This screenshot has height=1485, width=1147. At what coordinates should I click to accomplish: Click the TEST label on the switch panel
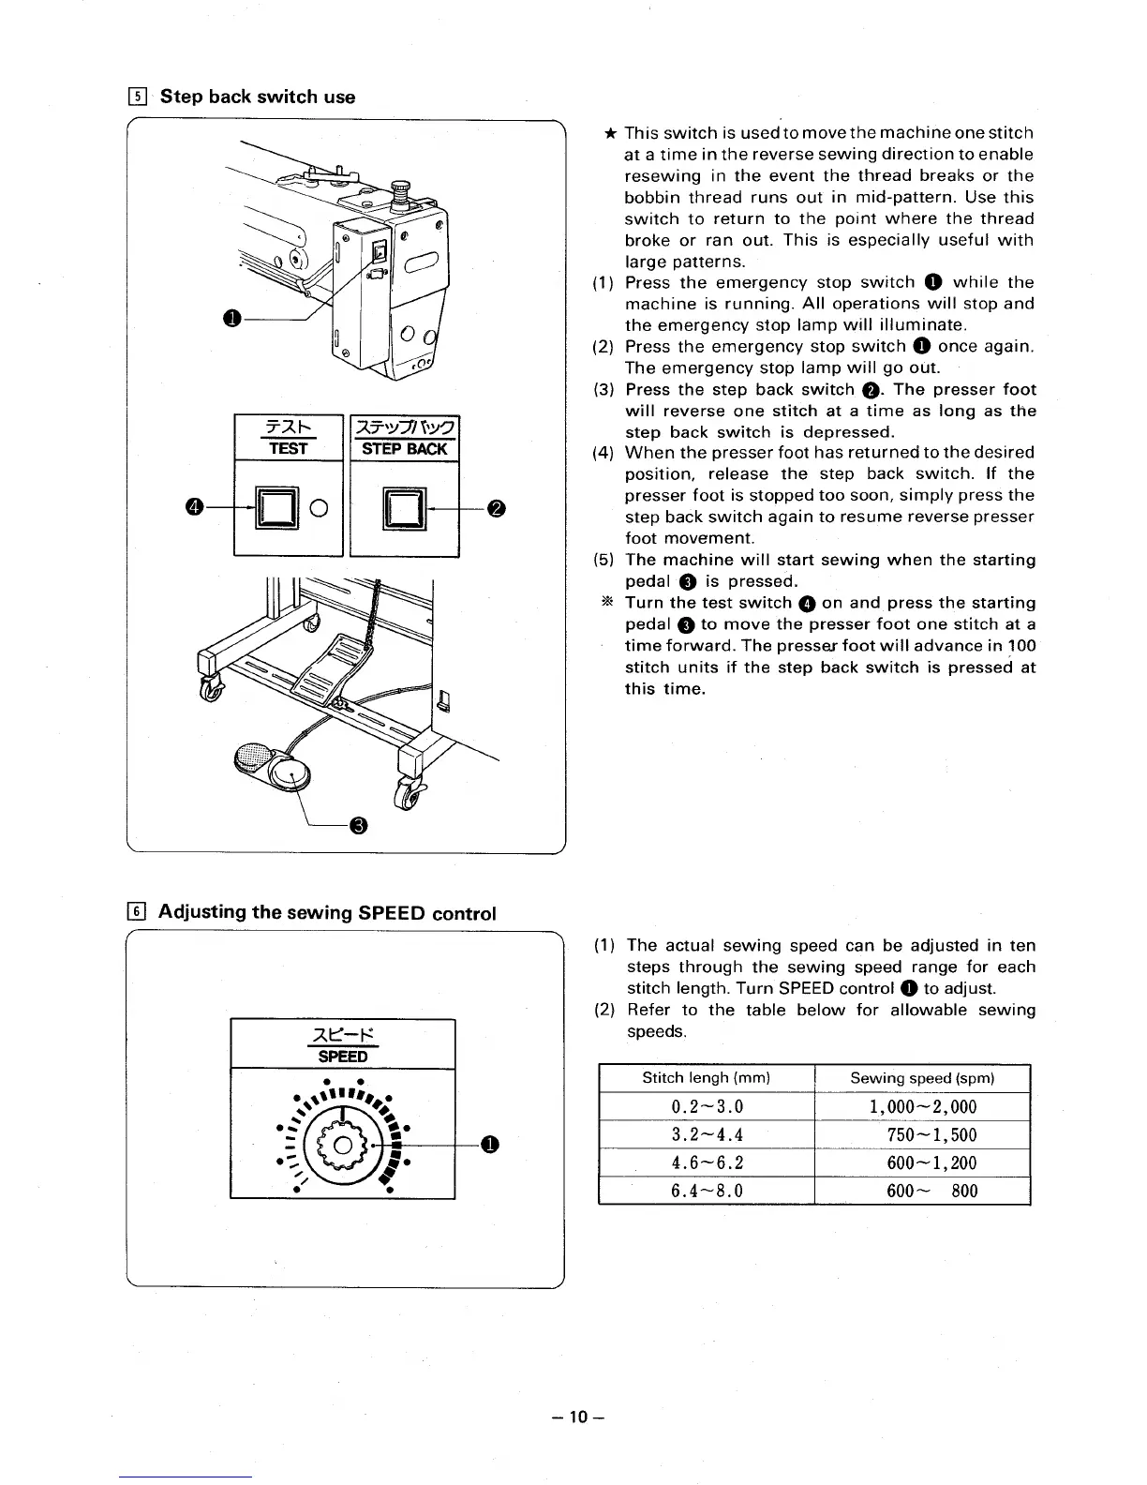click(288, 448)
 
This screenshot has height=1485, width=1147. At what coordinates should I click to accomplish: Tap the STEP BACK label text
click(404, 448)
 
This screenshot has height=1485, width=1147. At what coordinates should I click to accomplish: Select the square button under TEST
click(276, 509)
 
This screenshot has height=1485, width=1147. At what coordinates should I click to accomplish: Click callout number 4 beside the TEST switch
click(194, 507)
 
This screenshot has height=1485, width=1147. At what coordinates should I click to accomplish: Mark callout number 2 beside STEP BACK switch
click(497, 508)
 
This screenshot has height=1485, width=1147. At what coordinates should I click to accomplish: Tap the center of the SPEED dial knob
click(344, 1145)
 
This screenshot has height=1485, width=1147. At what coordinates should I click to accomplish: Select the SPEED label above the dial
click(342, 1056)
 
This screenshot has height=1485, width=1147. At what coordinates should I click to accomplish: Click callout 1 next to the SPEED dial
click(488, 1144)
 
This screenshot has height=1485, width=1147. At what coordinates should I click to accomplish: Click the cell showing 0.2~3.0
click(708, 1107)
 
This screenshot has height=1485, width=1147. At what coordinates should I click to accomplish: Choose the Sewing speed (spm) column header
click(922, 1078)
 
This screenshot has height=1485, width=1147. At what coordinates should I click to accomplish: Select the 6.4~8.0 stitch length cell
click(708, 1191)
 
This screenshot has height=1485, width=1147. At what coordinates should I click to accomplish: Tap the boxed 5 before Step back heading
click(137, 97)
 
